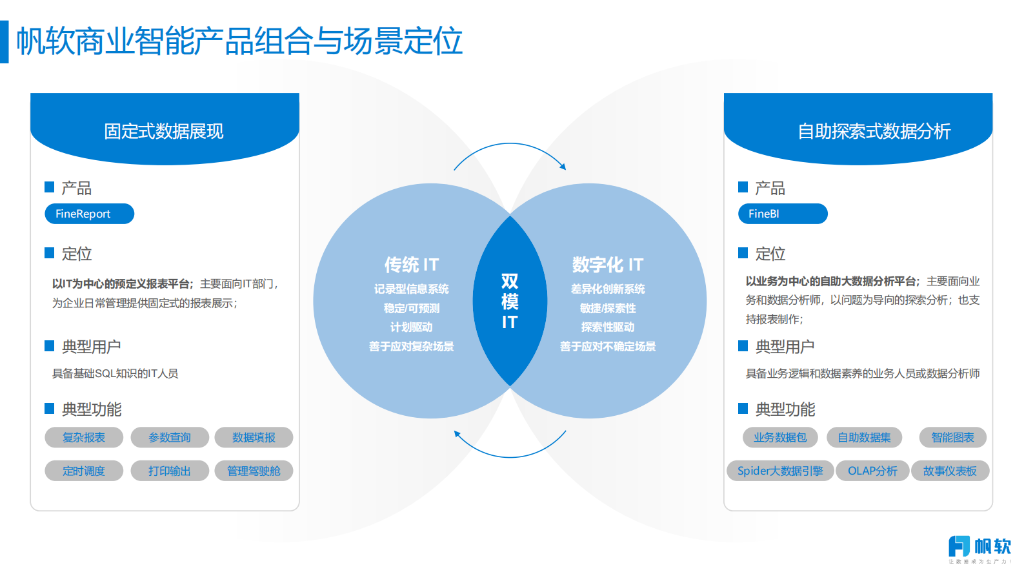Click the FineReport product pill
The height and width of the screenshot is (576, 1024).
89,214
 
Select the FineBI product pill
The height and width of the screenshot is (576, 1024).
782,214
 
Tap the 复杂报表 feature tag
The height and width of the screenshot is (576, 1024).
84,437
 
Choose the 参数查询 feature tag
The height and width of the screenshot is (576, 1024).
170,437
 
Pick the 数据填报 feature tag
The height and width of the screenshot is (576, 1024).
254,437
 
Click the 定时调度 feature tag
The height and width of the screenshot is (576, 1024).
84,471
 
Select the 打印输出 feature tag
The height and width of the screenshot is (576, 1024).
170,471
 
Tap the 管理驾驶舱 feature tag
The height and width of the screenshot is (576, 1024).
254,471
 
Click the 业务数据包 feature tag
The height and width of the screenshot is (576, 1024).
780,437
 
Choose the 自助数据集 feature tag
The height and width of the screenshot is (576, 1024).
865,437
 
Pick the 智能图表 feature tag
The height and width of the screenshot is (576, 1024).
952,437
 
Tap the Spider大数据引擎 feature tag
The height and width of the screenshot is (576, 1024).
780,471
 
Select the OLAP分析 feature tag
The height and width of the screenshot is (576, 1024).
872,471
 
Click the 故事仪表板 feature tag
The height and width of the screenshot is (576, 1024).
950,471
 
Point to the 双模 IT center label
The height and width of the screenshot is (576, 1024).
510,301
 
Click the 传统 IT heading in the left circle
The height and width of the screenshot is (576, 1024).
412,265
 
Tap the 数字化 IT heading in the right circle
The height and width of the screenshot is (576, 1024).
608,265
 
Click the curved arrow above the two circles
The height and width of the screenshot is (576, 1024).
510,146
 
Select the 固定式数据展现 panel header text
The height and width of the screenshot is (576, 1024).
164,131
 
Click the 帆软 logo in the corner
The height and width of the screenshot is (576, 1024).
979,547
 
